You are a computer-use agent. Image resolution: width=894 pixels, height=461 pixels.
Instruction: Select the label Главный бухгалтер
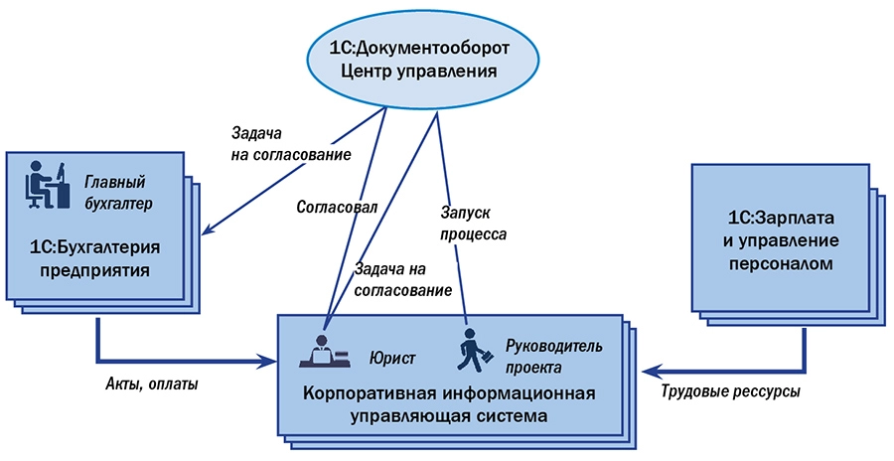pyautogui.click(x=115, y=193)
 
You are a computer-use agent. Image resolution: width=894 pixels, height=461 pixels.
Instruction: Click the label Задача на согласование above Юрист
pyautogui.click(x=402, y=280)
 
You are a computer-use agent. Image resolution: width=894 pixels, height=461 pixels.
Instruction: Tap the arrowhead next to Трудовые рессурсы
pyautogui.click(x=649, y=371)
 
